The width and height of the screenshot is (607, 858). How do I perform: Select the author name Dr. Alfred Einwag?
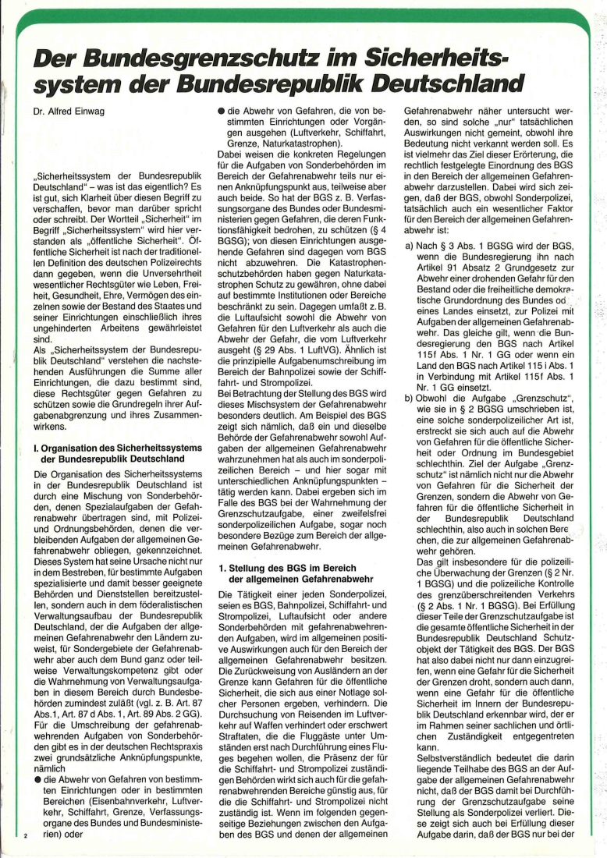click(68, 112)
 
